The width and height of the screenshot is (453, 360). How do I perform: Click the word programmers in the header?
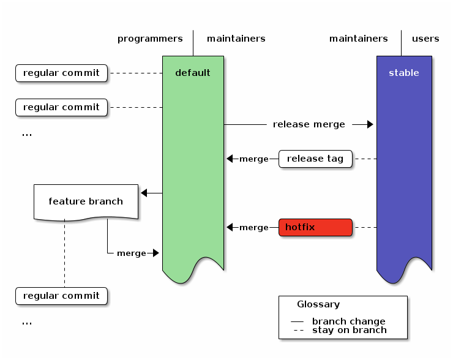coord(150,39)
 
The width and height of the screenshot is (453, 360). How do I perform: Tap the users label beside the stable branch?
coord(425,39)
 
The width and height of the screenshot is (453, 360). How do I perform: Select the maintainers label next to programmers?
coord(236,39)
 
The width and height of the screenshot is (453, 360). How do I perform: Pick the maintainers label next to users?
coord(358,39)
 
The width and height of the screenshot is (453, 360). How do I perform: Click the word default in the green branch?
coord(192,73)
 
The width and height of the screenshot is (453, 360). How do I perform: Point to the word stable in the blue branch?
coord(403,73)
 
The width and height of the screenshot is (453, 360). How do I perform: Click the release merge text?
coord(309,124)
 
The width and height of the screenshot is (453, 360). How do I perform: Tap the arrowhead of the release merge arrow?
coord(370,124)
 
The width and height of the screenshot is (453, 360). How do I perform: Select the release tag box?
coord(315,159)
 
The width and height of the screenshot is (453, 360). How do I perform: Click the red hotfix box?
coord(315,227)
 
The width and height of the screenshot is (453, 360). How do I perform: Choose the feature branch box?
coord(86,201)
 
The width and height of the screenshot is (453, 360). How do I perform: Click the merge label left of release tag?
coord(253,159)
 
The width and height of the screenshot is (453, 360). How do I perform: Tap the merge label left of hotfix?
coord(253,227)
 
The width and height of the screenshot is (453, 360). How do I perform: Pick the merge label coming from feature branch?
coord(131,253)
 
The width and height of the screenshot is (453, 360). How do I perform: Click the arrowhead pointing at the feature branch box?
coord(144,193)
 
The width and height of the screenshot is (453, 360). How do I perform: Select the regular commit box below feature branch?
coord(61,296)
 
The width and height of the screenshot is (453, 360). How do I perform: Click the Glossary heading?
coord(318,304)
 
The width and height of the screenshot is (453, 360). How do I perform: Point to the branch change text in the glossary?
coord(348,321)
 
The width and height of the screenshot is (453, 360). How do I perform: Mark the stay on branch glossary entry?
coord(349,330)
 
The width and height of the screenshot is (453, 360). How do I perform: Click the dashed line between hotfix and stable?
coord(364,227)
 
